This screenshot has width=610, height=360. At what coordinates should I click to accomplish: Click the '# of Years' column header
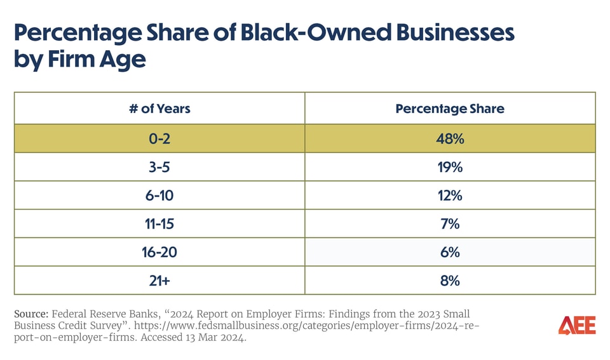[x=159, y=109]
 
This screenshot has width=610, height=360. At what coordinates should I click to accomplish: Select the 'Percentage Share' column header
[x=450, y=109]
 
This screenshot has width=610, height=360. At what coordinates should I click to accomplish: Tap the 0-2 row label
[x=159, y=138]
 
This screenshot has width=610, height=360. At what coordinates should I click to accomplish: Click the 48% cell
[x=450, y=138]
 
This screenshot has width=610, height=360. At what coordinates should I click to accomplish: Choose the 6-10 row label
[x=159, y=195]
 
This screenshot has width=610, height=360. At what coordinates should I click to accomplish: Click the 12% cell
[x=450, y=195]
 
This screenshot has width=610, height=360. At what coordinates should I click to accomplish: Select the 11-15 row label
[x=159, y=223]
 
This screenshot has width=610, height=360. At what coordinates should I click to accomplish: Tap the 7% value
[x=450, y=223]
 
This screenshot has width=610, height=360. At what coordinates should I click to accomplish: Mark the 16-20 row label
[x=159, y=252]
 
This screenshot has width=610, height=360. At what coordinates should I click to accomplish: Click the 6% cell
[x=450, y=252]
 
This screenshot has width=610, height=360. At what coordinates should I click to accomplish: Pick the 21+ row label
[x=159, y=280]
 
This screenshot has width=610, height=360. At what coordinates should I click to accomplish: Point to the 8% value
[x=450, y=280]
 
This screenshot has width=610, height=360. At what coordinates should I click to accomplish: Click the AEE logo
[x=577, y=326]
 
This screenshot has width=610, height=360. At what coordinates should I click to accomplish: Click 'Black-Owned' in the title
[x=318, y=33]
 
